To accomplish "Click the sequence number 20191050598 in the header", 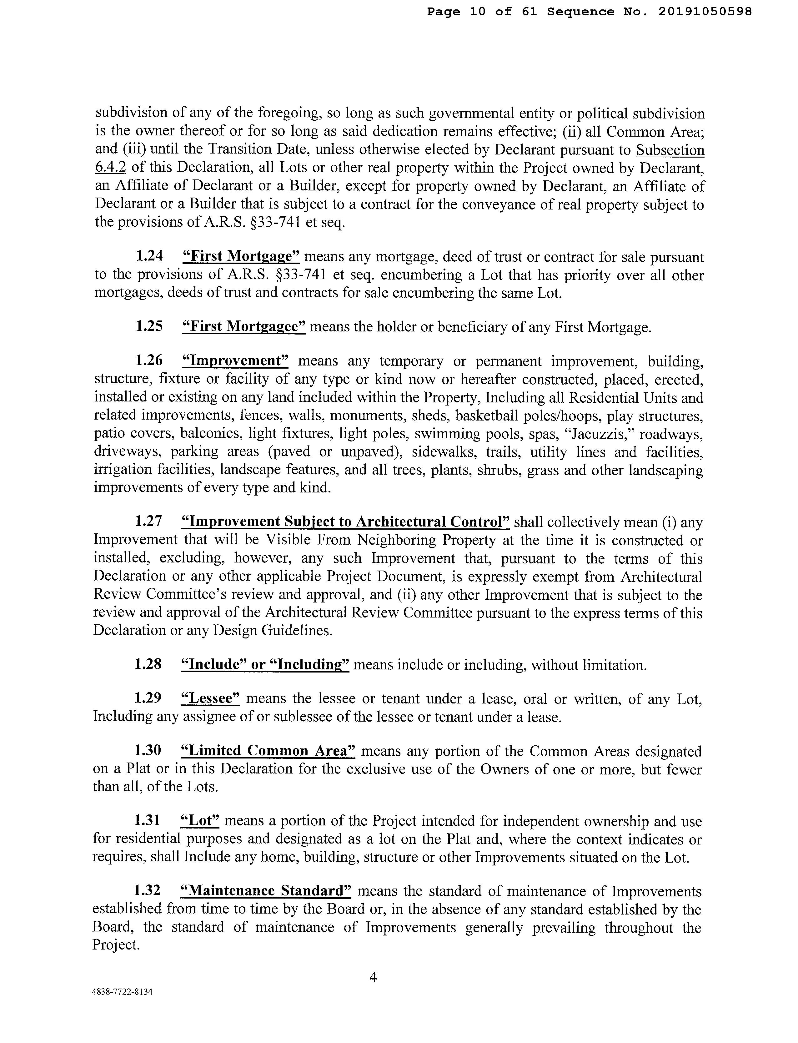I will pos(705,11).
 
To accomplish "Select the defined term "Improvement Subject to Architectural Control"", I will pos(345,522).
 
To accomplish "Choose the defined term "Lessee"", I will pos(210,698).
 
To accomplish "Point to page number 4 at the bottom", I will pos(373,977).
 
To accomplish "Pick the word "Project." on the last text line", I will pos(116,945).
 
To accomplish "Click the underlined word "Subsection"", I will pos(670,150).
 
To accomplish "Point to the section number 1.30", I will pos(148,750).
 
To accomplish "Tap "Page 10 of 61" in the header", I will pos(482,11).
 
